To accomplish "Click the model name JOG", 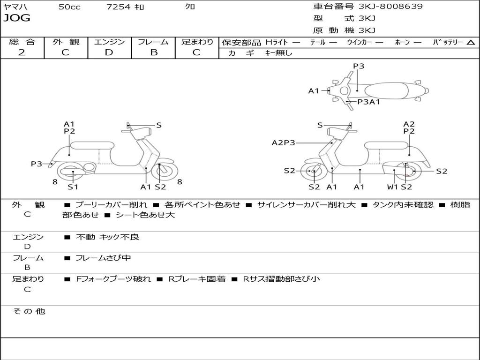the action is pos(17,18).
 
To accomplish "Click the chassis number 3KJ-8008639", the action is pos(390,7).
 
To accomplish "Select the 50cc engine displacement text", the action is pos(69,7).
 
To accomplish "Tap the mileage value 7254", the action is pos(119,7).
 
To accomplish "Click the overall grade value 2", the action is pos(22,52).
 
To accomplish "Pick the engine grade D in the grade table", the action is pos(109,52).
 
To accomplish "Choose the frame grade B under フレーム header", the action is pos(153,52).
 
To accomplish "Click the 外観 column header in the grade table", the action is pos(66,42).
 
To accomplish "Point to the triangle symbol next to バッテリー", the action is pos(471,43).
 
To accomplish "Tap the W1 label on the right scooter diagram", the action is pos(392,187).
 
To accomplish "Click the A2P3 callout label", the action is pos(283,142).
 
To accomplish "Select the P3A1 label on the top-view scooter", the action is pos(368,101).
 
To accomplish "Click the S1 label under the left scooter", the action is pos(73,187).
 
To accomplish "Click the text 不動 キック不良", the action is pos(107,237).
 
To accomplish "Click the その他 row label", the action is pos(29,311).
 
